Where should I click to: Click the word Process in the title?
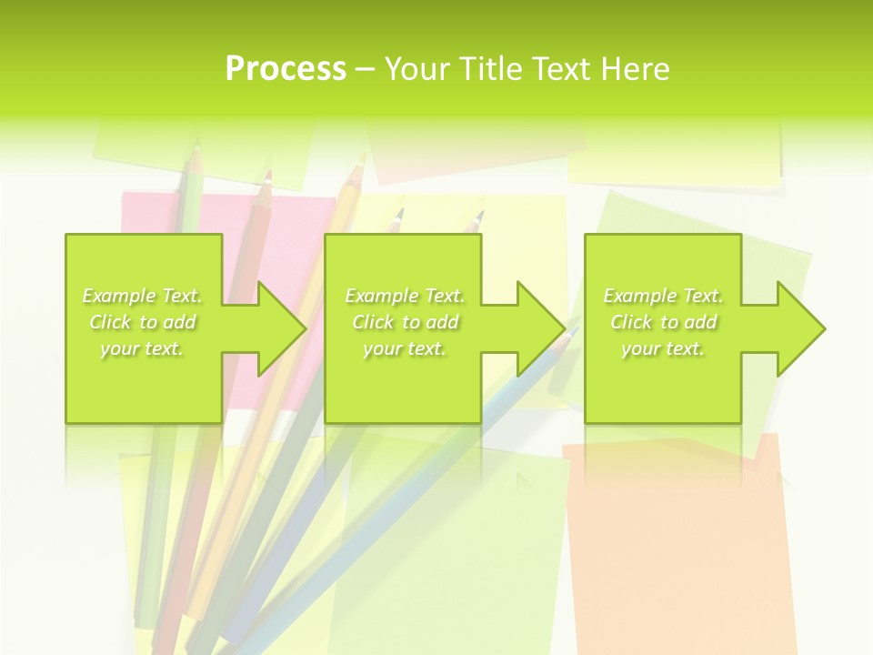286,69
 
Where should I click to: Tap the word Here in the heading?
635,69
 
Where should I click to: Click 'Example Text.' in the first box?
142,296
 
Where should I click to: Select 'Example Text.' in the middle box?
405,296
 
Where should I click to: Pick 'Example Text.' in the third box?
663,296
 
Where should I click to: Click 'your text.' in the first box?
142,348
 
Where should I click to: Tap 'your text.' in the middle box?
405,348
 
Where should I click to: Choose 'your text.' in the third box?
663,348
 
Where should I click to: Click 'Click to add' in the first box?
142,322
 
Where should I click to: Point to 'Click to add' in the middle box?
405,322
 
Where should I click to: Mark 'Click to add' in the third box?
663,322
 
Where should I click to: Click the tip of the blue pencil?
572,333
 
